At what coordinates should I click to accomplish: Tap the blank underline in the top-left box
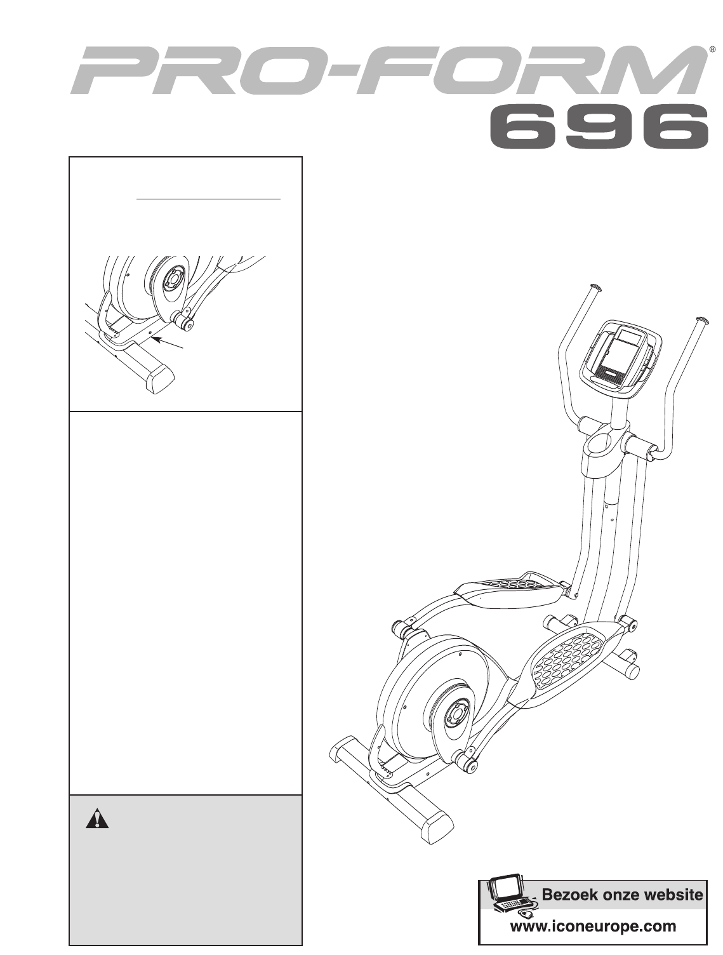click(209, 199)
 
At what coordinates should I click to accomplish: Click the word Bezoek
click(566, 896)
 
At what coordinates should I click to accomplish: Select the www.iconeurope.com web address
click(594, 926)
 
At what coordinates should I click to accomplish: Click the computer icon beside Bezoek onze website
click(512, 897)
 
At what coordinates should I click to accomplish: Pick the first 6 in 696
click(522, 130)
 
